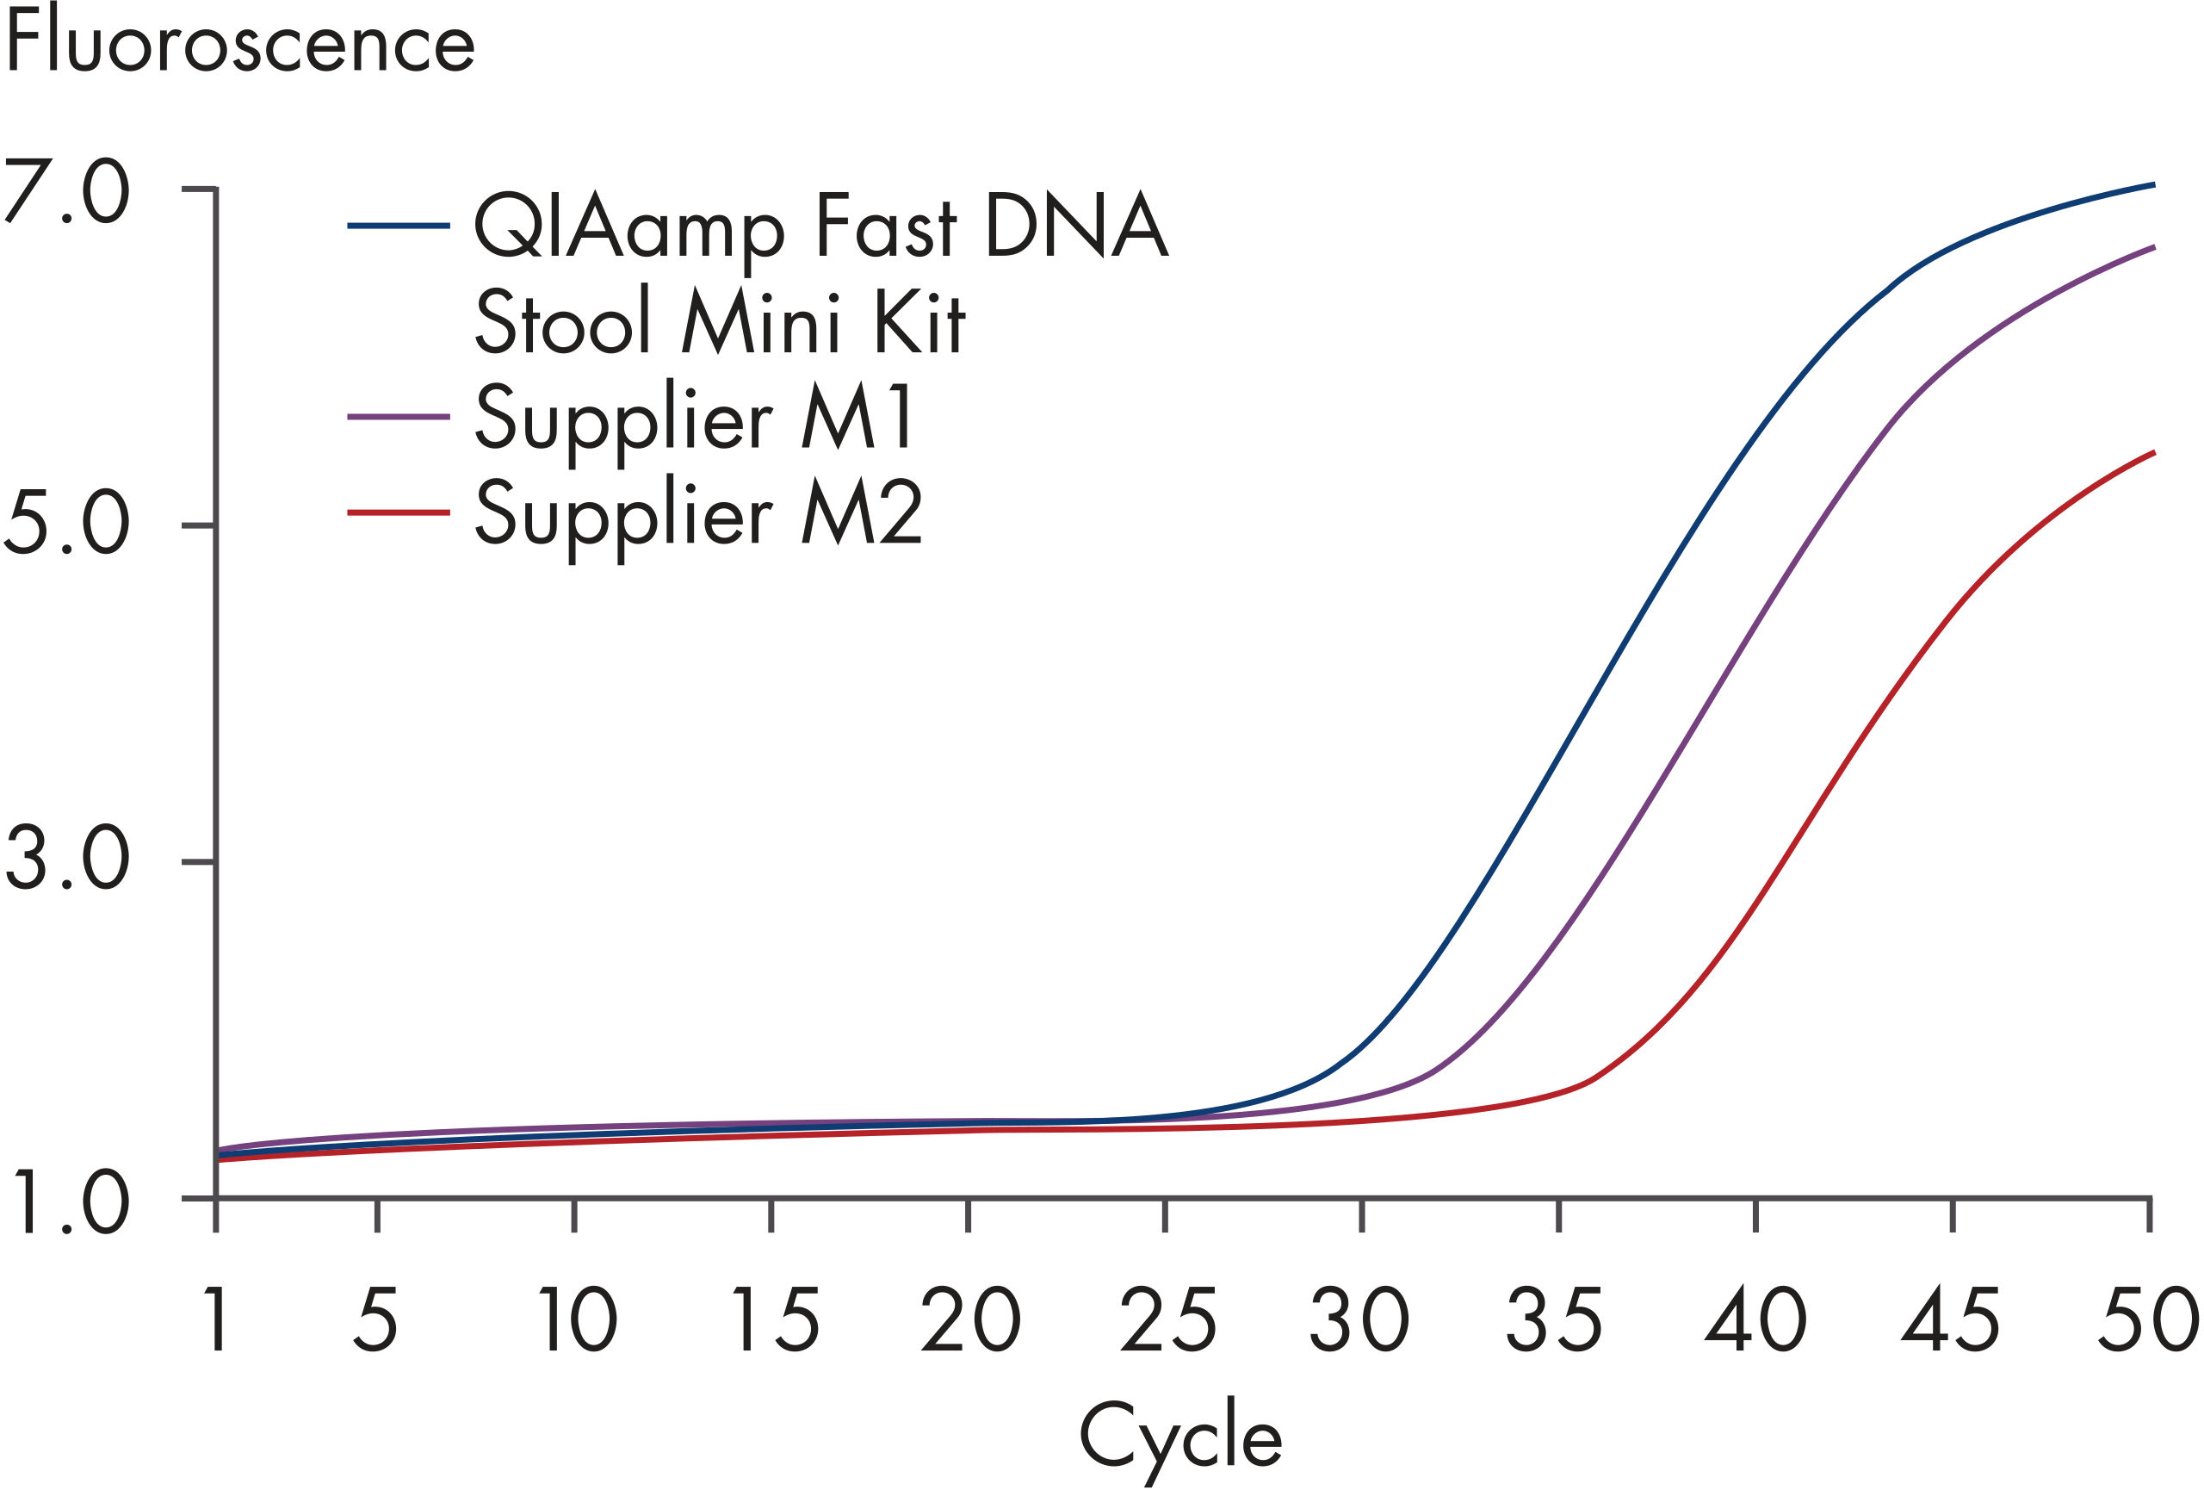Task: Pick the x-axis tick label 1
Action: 217,1319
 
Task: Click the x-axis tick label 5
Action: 376,1319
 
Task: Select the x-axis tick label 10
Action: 577,1319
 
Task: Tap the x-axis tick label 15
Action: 774,1319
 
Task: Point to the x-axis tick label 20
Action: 969,1319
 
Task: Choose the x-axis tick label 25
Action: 1167,1319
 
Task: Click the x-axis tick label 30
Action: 1361,1319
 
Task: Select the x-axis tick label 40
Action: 1755,1319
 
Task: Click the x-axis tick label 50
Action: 2147,1319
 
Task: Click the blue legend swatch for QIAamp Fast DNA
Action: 399,226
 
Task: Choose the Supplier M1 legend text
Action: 695,418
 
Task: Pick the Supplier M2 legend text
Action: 698,514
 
